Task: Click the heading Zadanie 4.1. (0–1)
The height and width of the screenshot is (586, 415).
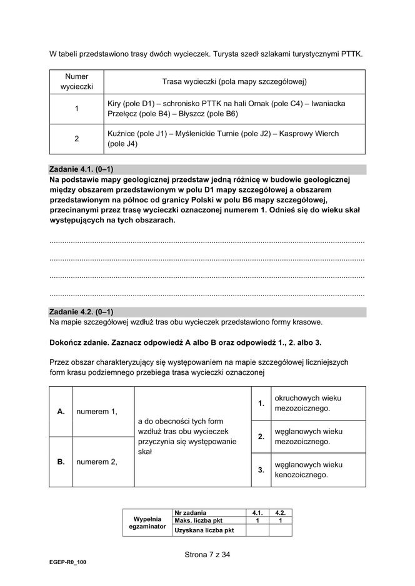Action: pos(81,169)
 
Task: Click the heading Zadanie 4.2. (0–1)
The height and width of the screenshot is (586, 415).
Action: pos(81,312)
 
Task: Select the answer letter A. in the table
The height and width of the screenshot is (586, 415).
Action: pos(61,412)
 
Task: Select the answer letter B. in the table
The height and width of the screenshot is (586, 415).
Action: pos(61,462)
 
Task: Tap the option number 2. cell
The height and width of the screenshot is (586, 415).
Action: pos(261,436)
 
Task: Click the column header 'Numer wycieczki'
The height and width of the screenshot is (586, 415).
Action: pos(76,81)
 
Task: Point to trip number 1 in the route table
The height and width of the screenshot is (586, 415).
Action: pos(76,109)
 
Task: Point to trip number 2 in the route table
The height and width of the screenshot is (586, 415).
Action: pos(76,139)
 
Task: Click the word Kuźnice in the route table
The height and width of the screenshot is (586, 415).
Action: pos(122,134)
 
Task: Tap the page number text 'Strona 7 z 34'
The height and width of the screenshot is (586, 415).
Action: pos(207,553)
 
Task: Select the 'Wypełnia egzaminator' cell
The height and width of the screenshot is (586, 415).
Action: pos(147,522)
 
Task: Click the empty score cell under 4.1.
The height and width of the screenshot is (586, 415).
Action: pos(256,530)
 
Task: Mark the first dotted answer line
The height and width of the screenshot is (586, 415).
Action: pos(207,241)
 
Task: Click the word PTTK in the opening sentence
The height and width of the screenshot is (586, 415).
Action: pos(351,54)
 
